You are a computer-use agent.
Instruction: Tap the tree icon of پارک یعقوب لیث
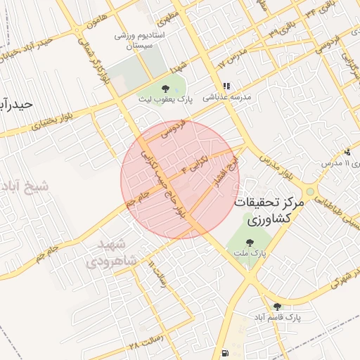(165, 88)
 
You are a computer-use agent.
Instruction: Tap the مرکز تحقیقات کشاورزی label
(270, 210)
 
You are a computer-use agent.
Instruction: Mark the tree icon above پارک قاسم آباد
(277, 306)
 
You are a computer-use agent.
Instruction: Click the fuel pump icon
(224, 352)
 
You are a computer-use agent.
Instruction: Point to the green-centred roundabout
(310, 191)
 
